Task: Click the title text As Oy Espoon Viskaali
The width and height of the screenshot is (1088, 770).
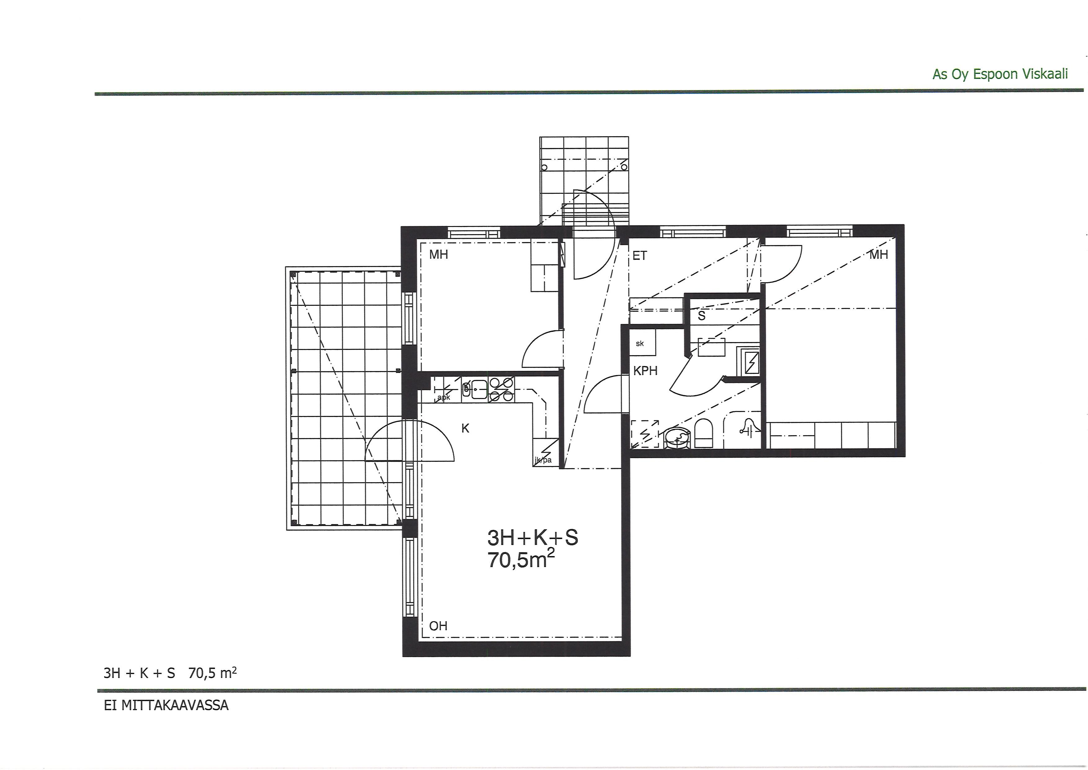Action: pyautogui.click(x=1000, y=75)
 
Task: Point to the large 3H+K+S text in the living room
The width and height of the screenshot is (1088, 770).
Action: pyautogui.click(x=533, y=538)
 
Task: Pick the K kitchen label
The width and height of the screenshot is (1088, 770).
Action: pyautogui.click(x=465, y=428)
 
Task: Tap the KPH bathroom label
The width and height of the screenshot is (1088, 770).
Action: pyautogui.click(x=645, y=371)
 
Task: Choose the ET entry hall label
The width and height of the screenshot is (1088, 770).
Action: pyautogui.click(x=640, y=256)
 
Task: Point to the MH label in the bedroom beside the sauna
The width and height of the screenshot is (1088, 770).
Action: pyautogui.click(x=879, y=255)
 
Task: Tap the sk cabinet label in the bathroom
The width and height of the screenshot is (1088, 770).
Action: pyautogui.click(x=640, y=344)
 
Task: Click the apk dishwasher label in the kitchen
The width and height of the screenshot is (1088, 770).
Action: pyautogui.click(x=444, y=398)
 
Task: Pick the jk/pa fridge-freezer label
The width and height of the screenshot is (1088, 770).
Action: pyautogui.click(x=543, y=460)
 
